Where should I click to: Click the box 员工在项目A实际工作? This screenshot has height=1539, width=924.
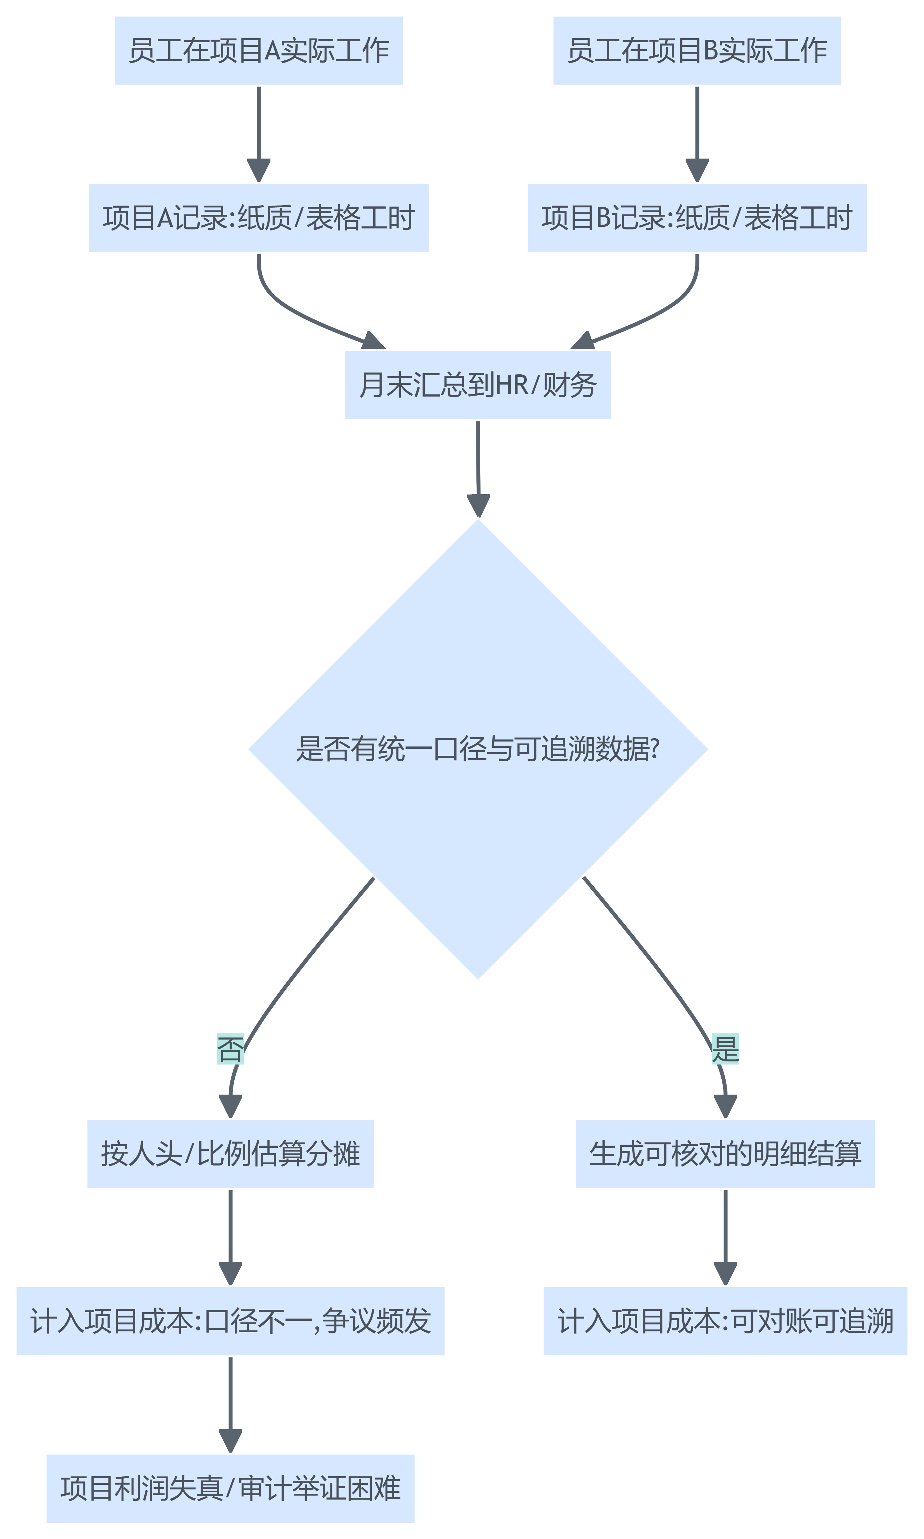pos(258,51)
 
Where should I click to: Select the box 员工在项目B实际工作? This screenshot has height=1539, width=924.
pos(697,51)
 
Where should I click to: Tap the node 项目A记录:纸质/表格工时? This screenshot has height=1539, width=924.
pos(258,218)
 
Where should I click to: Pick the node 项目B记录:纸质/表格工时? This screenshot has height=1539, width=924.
pos(697,218)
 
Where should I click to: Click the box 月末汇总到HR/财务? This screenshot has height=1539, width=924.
pos(478,385)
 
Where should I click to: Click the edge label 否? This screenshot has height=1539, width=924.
pos(230,1049)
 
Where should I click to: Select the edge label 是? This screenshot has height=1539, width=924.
pos(725,1049)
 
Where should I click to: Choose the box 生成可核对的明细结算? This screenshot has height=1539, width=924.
pos(725,1154)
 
